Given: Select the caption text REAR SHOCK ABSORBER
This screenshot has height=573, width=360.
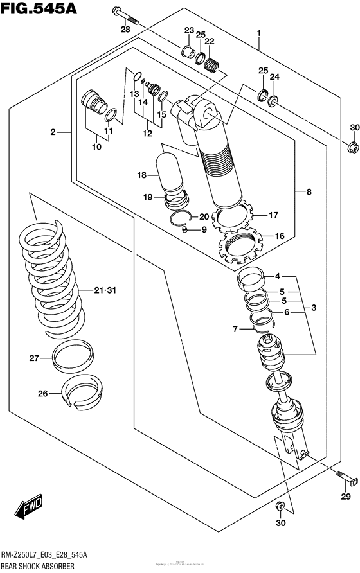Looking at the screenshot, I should tap(38, 566).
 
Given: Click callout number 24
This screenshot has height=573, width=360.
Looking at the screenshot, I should tap(275, 77).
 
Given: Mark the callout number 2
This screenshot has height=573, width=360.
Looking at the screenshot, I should tap(55, 132).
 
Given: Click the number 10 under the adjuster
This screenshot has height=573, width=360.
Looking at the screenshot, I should tap(96, 147).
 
